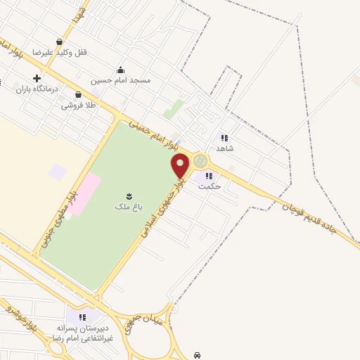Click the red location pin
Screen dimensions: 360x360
(181, 165)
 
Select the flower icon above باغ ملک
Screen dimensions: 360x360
(129, 195)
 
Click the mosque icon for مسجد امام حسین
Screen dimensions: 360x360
(120, 70)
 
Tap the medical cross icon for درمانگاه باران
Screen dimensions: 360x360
(36, 78)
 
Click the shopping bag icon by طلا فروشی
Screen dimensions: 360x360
(77, 94)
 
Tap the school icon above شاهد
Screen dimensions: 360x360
(224, 138)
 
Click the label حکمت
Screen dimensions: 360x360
(209, 186)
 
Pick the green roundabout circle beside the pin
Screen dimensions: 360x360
(201, 161)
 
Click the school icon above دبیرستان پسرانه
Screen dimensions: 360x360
(82, 318)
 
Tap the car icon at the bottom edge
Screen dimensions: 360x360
(198, 355)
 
